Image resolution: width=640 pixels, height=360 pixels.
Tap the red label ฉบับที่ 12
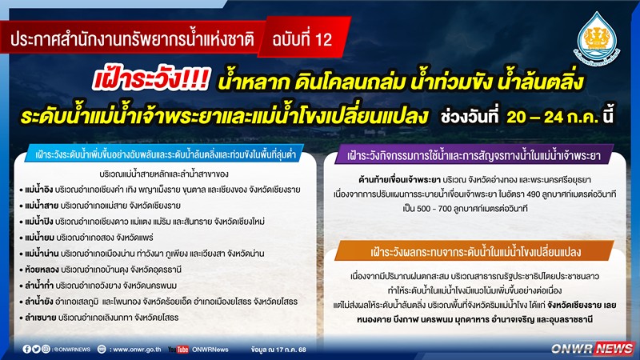click(x=302, y=39)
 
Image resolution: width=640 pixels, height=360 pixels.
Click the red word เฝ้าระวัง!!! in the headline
click(x=150, y=78)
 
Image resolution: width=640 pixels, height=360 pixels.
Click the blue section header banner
click(x=165, y=154)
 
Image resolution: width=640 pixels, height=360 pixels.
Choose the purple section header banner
click(x=474, y=155)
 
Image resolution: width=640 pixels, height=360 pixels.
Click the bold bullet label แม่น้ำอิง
click(x=38, y=190)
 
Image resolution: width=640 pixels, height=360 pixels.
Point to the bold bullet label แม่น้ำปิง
click(x=38, y=222)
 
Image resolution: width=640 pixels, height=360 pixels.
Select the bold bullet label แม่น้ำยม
click(x=39, y=238)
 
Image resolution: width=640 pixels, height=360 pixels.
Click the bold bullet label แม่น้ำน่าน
click(x=42, y=254)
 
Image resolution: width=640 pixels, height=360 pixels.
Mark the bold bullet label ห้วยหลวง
click(x=42, y=270)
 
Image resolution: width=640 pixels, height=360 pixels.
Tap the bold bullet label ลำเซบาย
click(x=40, y=318)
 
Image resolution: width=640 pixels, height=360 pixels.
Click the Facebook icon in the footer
click(x=26, y=349)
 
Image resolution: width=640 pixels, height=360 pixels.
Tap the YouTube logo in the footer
click(x=178, y=350)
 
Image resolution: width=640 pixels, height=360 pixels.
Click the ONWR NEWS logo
click(x=592, y=348)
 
